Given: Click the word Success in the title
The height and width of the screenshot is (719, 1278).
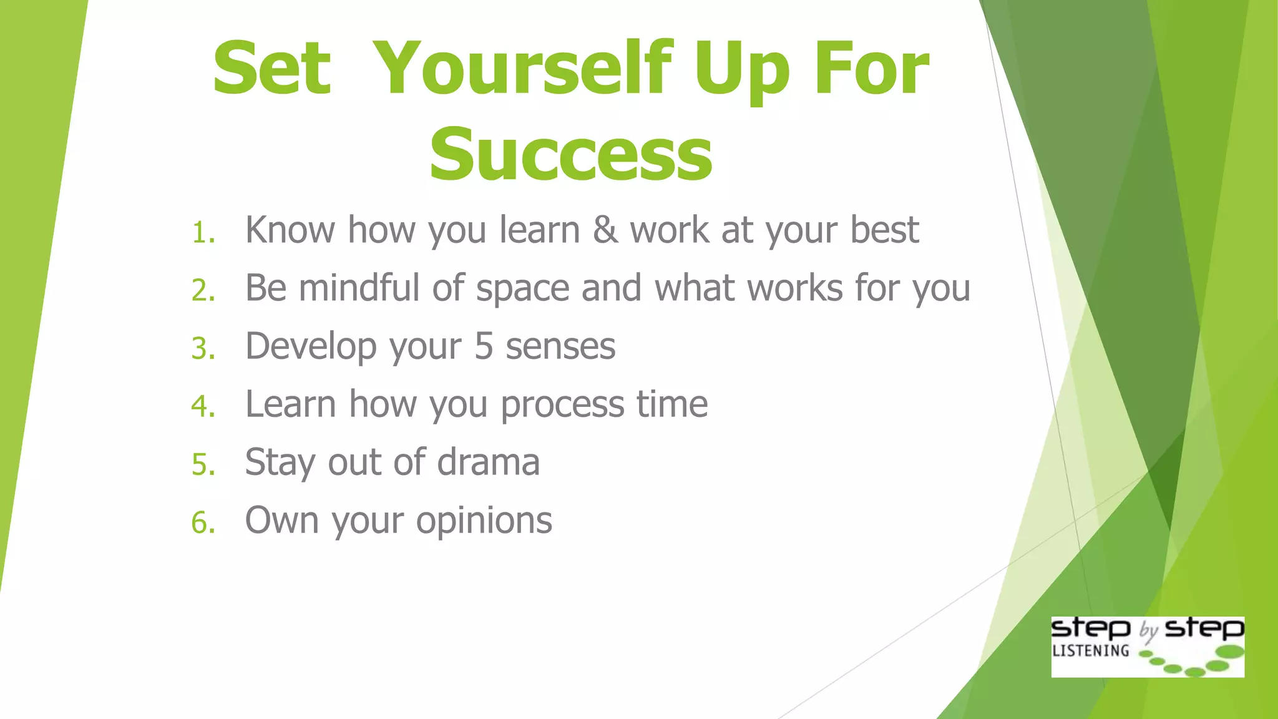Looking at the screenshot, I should [570, 154].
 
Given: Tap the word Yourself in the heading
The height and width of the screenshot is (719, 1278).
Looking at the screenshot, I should [524, 69].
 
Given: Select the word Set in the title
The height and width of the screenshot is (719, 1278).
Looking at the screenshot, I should [271, 69].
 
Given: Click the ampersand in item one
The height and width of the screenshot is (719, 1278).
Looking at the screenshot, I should [605, 230].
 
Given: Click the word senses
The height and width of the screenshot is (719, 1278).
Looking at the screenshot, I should [560, 347].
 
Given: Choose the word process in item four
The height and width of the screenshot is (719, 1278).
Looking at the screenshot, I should [562, 406].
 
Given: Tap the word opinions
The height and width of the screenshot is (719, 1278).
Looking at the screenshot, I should [484, 522].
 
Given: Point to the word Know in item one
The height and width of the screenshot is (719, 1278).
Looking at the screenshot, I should [290, 230].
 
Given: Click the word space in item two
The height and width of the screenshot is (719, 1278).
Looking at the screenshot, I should [523, 290].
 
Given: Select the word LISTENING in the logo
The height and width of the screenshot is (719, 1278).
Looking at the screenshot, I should [1091, 651].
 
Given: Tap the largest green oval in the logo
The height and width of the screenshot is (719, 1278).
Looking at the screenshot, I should [1230, 652].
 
